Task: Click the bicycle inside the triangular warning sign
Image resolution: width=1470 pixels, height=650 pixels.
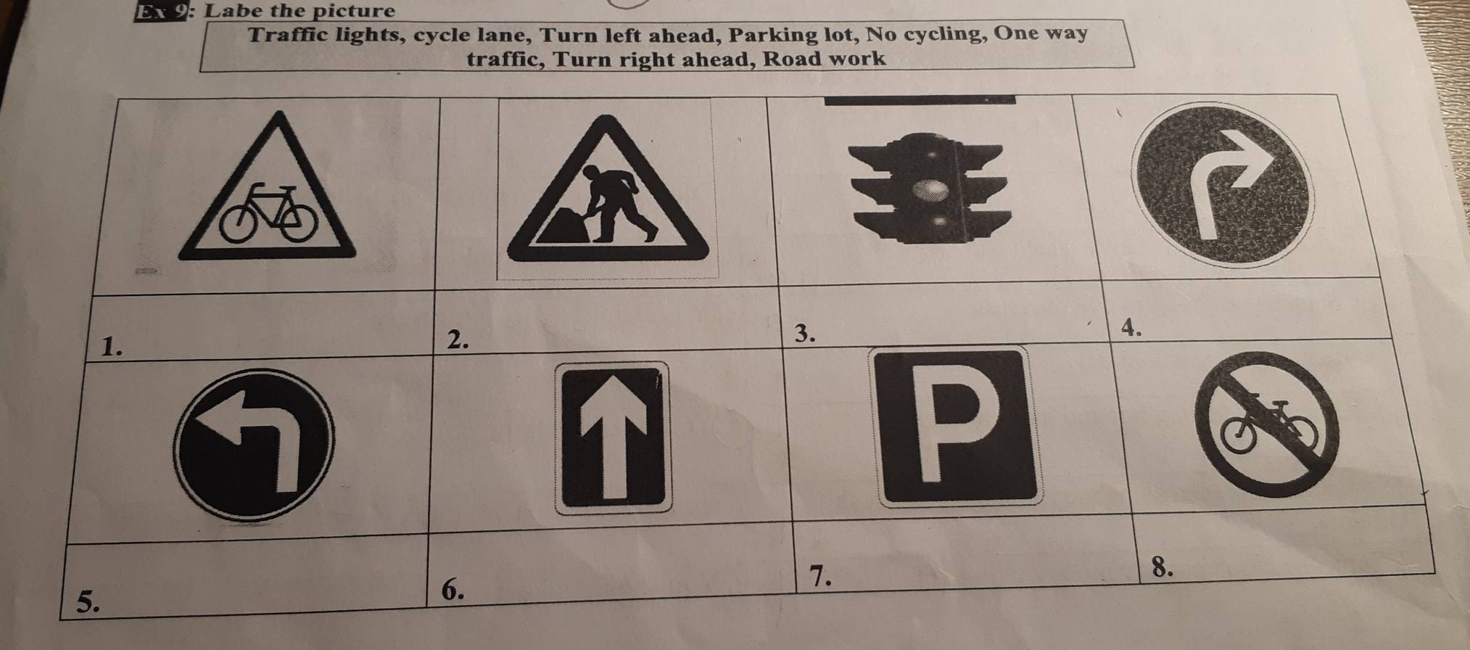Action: click(x=268, y=213)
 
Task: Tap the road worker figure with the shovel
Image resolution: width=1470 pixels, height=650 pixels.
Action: click(x=616, y=204)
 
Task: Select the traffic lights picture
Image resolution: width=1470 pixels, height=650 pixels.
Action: click(x=930, y=186)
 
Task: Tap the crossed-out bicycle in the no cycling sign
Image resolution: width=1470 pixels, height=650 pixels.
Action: click(x=1269, y=423)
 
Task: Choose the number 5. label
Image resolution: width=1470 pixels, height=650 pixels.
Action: click(x=88, y=601)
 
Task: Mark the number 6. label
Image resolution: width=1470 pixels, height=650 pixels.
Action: click(x=452, y=591)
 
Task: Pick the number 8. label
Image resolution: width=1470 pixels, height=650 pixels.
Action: click(x=1162, y=568)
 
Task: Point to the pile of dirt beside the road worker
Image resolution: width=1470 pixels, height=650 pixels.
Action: click(x=563, y=227)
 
